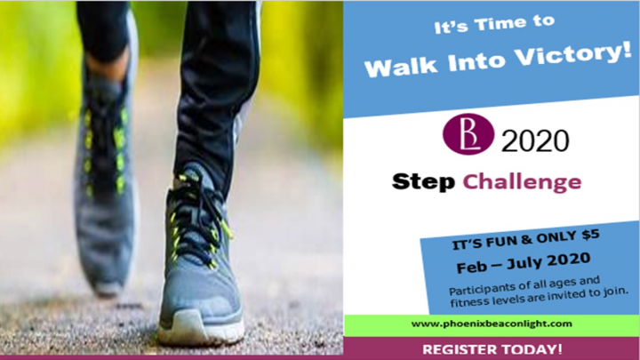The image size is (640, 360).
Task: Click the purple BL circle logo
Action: tap(468, 134)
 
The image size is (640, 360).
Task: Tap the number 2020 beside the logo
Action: tap(535, 140)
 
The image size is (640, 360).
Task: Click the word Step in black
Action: tap(423, 181)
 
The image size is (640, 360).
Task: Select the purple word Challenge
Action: tap(522, 181)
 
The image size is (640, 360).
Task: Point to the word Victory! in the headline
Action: tap(572, 54)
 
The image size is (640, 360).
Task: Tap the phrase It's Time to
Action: tap(494, 24)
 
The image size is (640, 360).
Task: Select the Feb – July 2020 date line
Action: tap(524, 263)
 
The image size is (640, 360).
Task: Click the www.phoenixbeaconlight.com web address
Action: tap(492, 324)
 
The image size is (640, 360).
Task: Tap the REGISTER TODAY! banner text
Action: tap(492, 349)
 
